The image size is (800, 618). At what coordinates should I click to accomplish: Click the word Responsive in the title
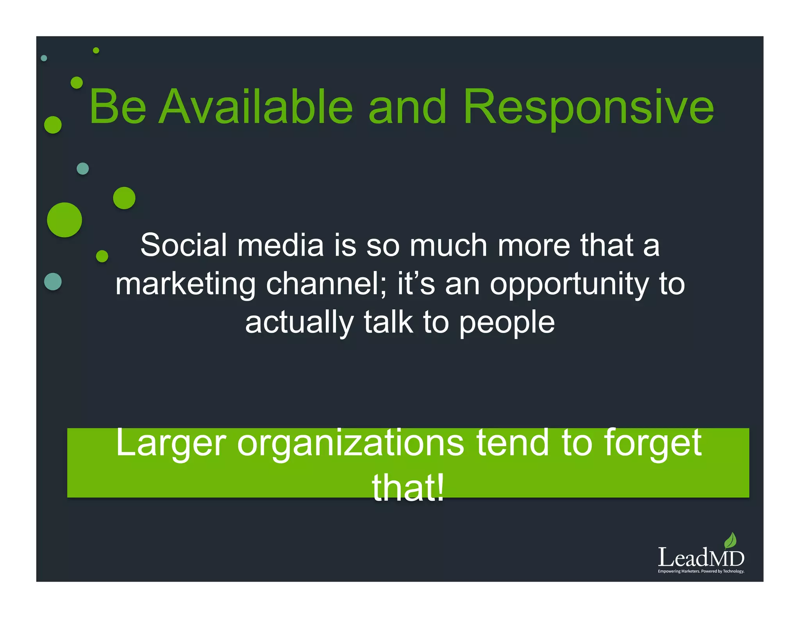[x=589, y=107]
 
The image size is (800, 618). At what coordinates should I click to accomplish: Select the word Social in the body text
[x=183, y=245]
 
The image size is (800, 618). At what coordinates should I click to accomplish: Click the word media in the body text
[x=280, y=245]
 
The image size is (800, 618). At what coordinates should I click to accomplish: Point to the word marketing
[x=186, y=284]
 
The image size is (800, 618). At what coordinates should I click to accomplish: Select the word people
[x=507, y=323]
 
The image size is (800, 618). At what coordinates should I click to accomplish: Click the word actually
[x=299, y=323]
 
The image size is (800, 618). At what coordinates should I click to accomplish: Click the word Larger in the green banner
[x=171, y=443]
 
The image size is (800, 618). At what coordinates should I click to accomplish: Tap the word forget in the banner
[x=653, y=443]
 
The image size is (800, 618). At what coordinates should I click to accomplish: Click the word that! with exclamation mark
[x=408, y=488]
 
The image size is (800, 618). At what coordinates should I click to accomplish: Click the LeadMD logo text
[x=701, y=558]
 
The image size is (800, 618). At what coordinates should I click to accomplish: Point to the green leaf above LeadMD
[x=730, y=541]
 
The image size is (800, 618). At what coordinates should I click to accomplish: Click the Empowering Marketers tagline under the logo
[x=701, y=572]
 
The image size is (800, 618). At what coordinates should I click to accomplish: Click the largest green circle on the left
[x=64, y=220]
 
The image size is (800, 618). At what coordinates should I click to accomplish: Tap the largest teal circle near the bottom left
[x=53, y=282]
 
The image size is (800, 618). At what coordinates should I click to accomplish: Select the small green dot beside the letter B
[x=77, y=83]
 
